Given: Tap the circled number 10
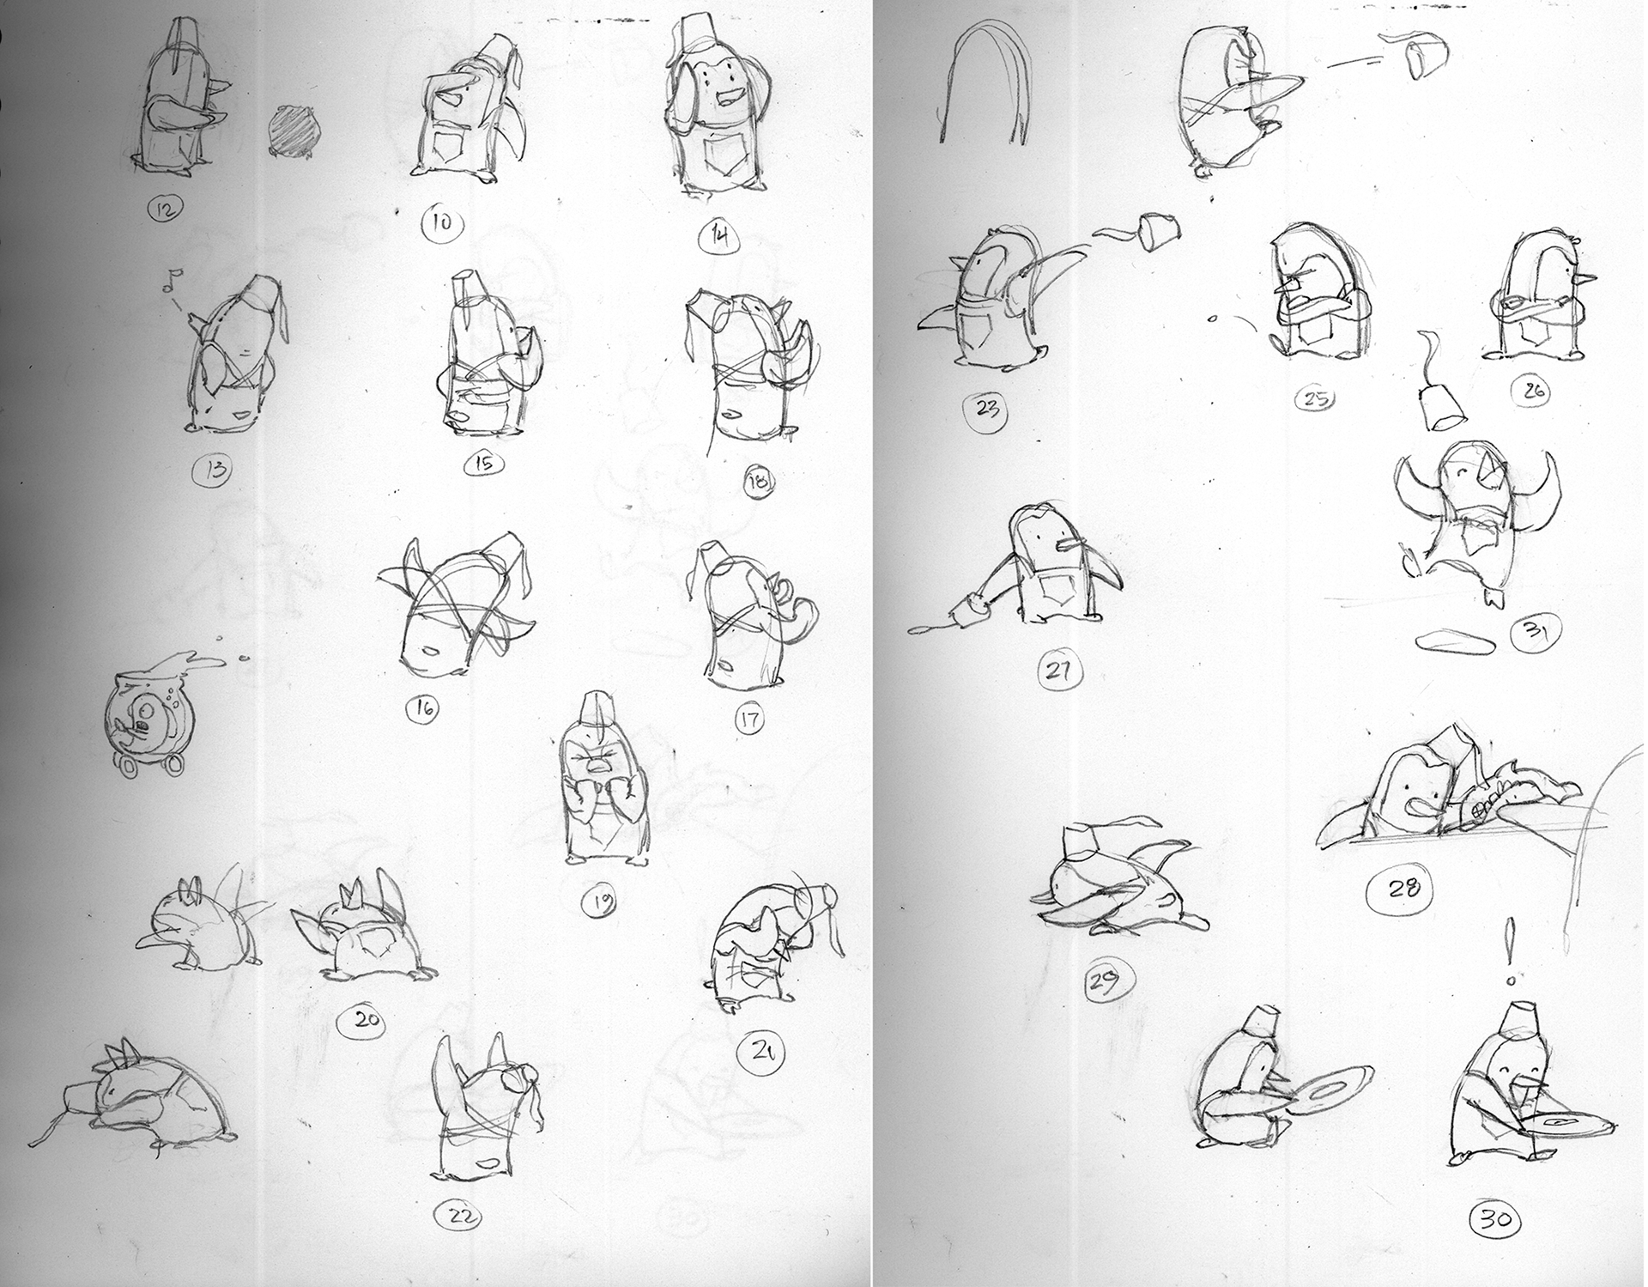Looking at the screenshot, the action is point(443,224).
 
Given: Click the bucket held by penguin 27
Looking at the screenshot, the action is point(966,607).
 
